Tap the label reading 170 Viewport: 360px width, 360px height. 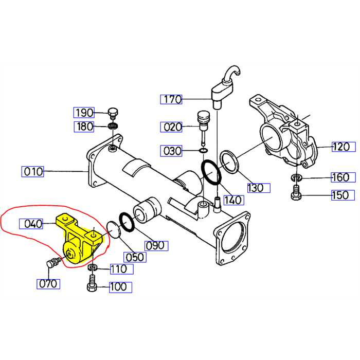(x=171, y=99)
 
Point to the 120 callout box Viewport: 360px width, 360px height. (x=341, y=147)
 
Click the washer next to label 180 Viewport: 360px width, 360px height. (x=113, y=125)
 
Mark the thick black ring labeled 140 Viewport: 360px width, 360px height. (x=211, y=172)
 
